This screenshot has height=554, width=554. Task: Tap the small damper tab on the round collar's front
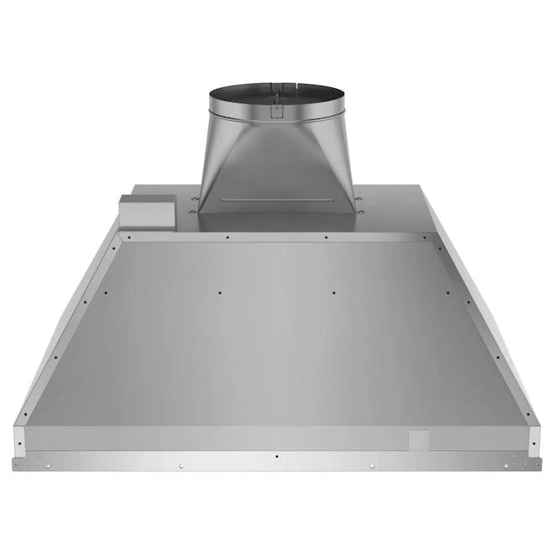(x=276, y=107)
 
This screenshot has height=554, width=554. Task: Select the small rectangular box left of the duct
(x=147, y=211)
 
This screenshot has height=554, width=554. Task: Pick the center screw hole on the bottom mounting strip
(x=276, y=456)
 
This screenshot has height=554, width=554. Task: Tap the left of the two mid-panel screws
(x=218, y=292)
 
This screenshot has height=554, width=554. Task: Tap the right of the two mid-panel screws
(x=333, y=292)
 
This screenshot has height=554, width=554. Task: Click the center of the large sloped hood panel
(x=276, y=336)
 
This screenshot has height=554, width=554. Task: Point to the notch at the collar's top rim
(x=276, y=86)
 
